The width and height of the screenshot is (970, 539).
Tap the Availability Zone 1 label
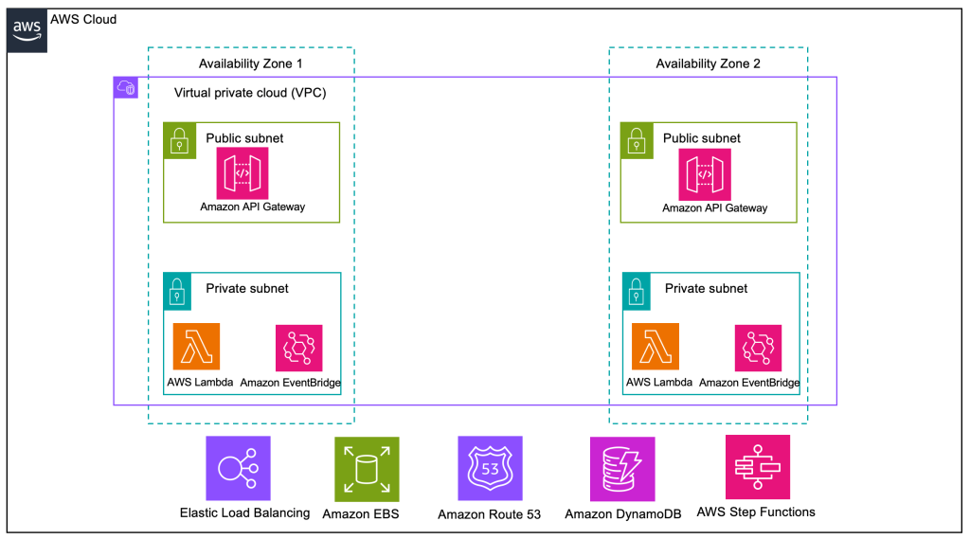pos(250,63)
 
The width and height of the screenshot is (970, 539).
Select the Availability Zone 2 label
pos(708,63)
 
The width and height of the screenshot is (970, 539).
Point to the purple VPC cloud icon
pos(126,88)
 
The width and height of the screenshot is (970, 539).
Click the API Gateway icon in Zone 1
pos(243,172)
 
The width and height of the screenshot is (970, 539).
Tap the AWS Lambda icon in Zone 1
pos(196,347)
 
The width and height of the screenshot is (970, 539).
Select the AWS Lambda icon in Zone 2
pos(654,348)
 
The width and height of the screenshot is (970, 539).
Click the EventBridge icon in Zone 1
pos(298,348)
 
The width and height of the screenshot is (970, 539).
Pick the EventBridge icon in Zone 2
pos(758,348)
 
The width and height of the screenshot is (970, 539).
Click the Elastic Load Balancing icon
pos(238,468)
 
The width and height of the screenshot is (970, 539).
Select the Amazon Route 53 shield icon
pos(490,468)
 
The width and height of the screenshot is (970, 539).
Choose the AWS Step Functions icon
pos(757,467)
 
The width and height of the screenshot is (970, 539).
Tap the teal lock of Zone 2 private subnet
pos(637,290)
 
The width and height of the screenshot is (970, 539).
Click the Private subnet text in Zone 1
pos(247,288)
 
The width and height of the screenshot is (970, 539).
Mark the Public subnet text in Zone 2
pos(702,138)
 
